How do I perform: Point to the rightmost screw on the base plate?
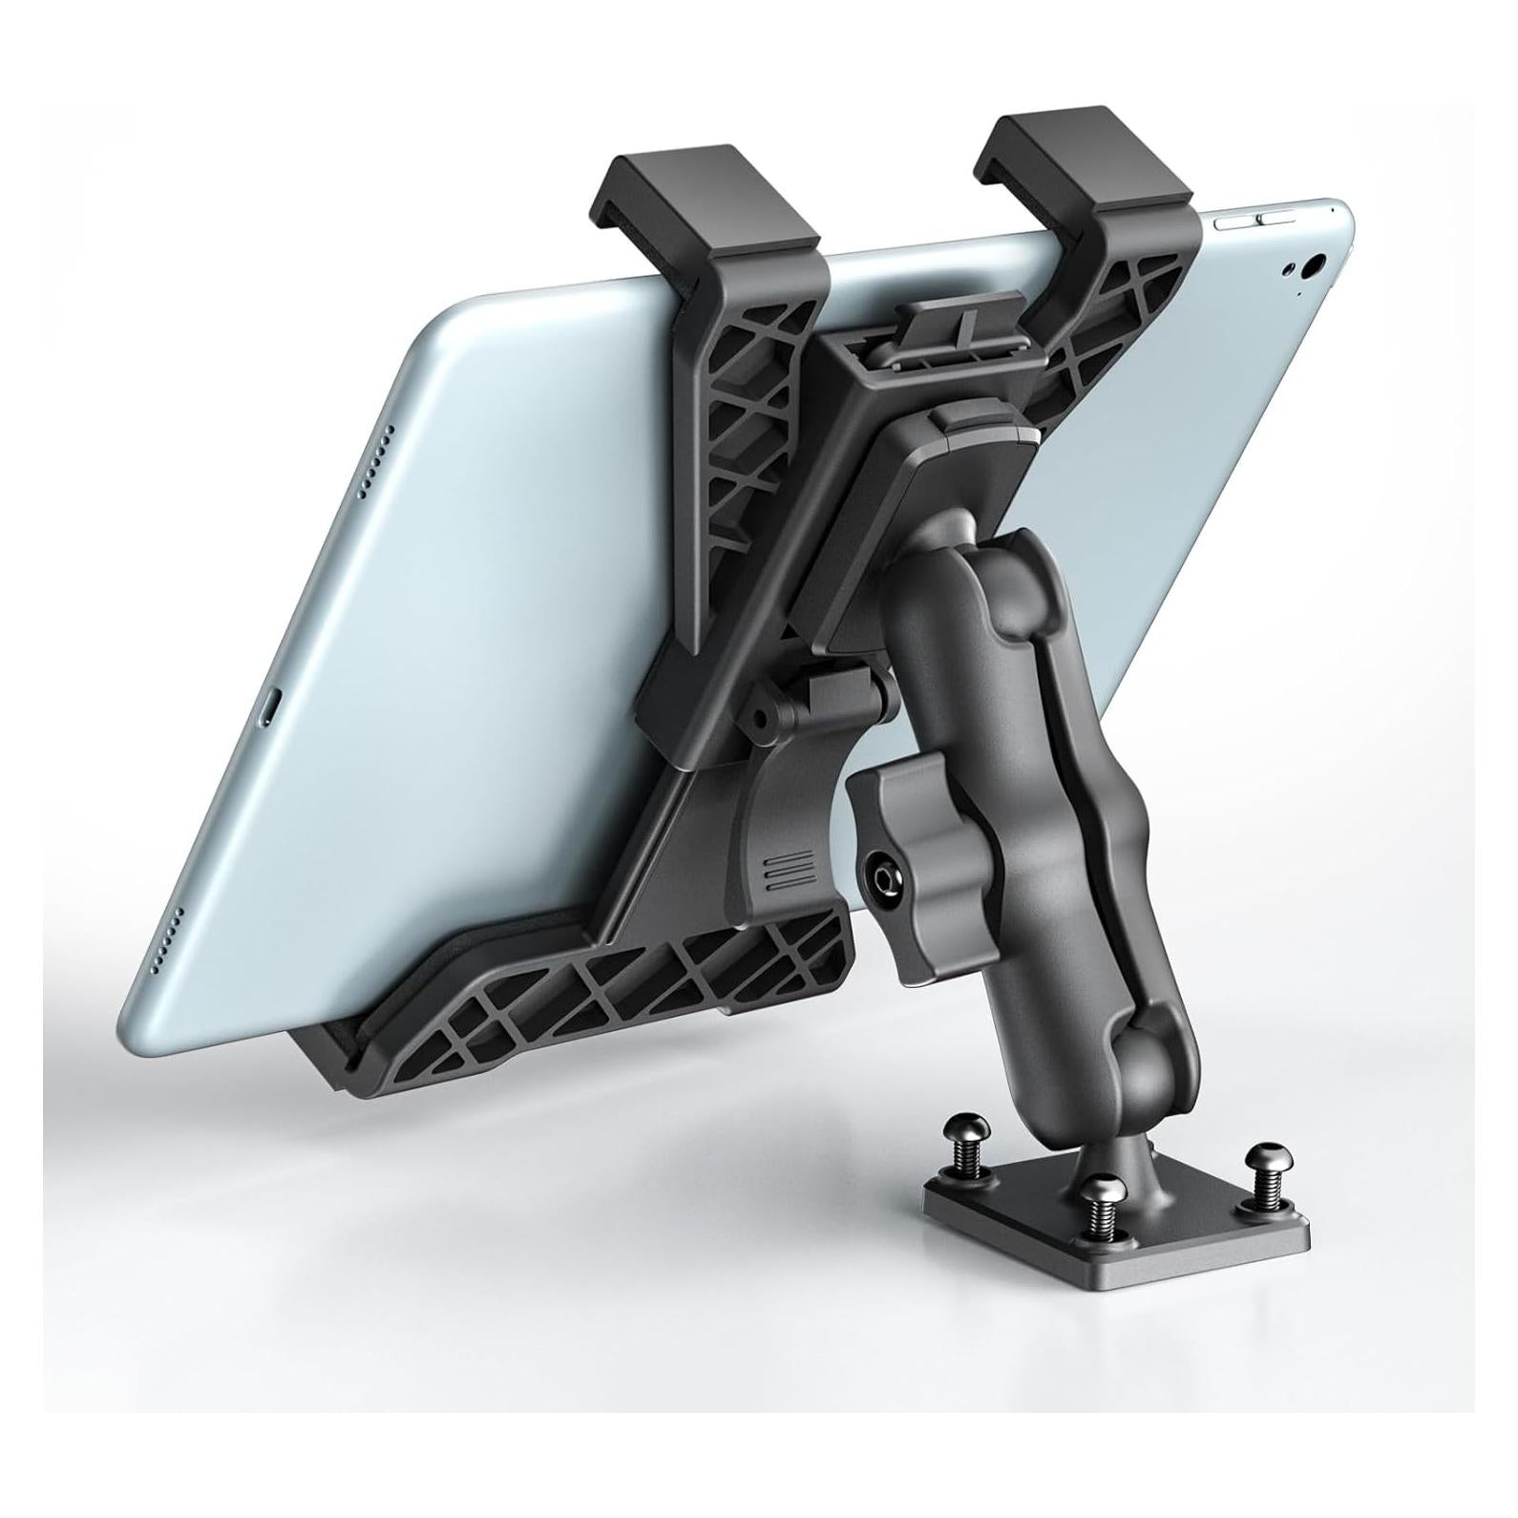tap(1265, 1165)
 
